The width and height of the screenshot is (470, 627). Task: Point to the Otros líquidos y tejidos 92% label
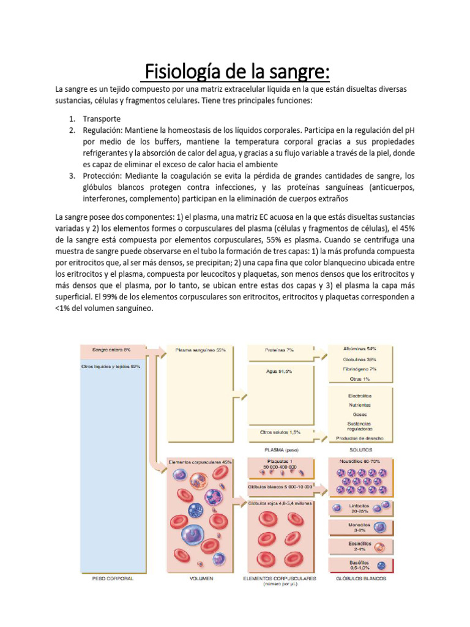111,366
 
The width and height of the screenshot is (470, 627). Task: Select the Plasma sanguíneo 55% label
201,350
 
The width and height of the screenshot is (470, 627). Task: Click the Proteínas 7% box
279,350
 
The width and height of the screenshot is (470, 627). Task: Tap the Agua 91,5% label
278,372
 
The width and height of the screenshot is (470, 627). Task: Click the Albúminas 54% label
360,348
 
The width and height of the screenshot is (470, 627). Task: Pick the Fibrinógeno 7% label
360,369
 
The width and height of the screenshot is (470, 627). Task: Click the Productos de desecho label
359,438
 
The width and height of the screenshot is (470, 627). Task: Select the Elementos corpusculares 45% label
200,461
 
